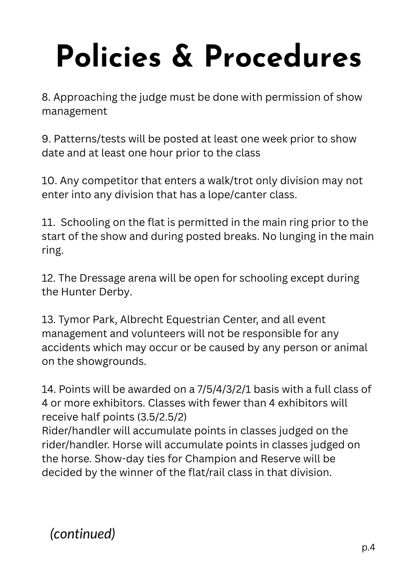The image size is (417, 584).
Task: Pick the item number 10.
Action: (x=49, y=181)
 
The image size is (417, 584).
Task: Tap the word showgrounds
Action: (x=111, y=361)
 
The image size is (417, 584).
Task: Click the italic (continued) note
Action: (x=83, y=534)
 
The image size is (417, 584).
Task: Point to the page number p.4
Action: (x=368, y=547)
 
